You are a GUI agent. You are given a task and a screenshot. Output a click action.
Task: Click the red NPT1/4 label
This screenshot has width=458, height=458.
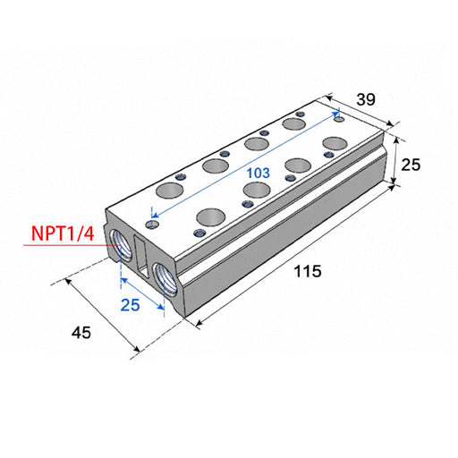[x=63, y=233]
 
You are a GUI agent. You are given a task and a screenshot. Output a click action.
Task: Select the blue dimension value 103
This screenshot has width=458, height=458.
[x=259, y=173]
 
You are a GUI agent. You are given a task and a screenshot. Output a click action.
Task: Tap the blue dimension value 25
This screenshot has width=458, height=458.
[x=131, y=305]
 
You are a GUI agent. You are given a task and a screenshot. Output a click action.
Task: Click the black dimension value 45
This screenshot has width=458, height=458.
[x=81, y=333]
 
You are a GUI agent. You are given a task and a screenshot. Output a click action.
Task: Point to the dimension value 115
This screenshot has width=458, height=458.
[x=308, y=271]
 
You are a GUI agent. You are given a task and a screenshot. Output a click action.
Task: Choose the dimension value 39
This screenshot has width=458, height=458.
[x=366, y=99]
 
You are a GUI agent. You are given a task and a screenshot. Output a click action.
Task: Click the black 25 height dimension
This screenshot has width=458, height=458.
[x=411, y=165]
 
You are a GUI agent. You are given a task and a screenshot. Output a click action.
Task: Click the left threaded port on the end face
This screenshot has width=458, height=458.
[x=121, y=245]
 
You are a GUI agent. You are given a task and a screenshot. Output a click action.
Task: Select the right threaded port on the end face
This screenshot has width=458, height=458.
[x=165, y=279]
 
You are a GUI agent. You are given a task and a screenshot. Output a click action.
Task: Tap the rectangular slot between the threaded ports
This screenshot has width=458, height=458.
[x=141, y=256]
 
